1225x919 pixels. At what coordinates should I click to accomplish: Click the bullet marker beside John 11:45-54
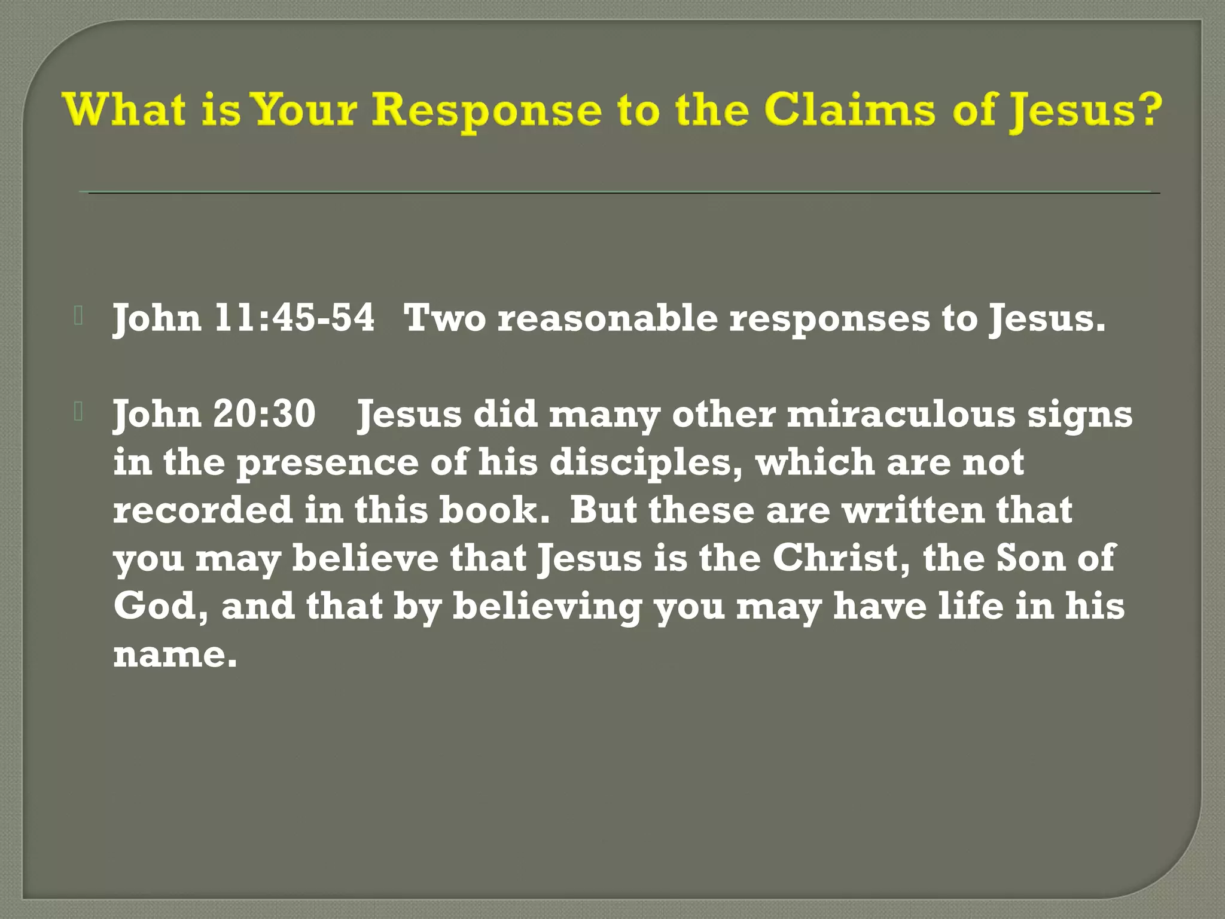78,315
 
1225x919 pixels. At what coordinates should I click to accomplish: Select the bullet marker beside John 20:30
78,411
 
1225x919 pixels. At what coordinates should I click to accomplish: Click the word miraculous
901,414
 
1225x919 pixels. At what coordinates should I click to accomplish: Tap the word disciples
645,463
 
